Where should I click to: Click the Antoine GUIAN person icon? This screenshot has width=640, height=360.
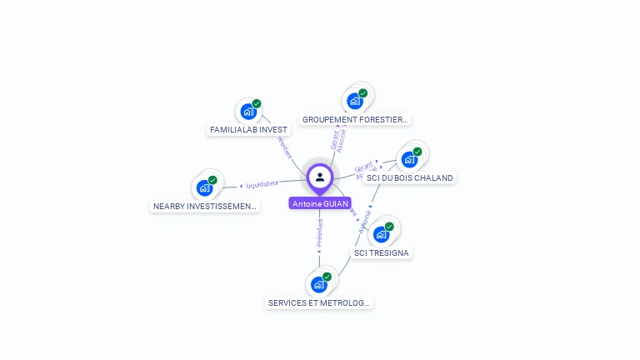tap(320, 177)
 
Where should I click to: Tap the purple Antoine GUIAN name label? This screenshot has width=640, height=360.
tap(320, 203)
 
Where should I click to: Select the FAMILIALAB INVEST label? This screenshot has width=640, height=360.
tap(248, 130)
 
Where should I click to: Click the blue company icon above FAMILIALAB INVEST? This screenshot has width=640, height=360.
tap(248, 112)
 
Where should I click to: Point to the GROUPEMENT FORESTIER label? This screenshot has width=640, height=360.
tap(355, 120)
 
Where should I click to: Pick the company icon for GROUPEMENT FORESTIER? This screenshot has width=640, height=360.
tap(356, 102)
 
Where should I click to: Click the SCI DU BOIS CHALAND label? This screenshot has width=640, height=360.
tap(409, 177)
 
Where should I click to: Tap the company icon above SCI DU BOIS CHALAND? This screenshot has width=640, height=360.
tap(409, 159)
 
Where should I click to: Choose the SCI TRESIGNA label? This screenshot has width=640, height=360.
tap(382, 252)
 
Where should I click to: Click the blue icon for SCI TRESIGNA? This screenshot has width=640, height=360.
tap(382, 234)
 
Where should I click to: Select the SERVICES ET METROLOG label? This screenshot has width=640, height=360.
tap(319, 303)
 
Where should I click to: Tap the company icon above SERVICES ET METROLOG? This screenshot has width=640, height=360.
tap(319, 285)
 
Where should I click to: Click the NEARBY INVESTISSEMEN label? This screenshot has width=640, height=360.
tap(205, 206)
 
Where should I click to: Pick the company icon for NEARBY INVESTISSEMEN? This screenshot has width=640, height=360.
tap(205, 187)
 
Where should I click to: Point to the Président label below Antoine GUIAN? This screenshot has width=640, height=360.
tap(319, 236)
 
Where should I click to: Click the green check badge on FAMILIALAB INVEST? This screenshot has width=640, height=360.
tap(257, 104)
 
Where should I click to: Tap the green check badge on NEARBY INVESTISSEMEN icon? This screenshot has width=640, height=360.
tap(212, 180)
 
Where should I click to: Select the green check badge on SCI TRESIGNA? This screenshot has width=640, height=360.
tap(389, 227)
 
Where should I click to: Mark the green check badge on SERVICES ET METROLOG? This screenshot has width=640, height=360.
tap(327, 277)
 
